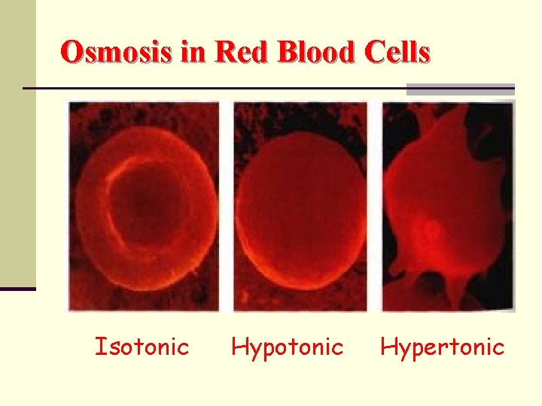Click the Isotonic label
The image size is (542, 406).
(142, 347)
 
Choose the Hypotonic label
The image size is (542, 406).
(287, 347)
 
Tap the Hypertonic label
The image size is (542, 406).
(443, 347)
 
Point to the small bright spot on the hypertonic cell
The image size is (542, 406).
(430, 229)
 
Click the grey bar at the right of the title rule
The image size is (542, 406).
(460, 89)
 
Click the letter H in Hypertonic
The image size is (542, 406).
(389, 347)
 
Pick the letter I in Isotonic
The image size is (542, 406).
(99, 347)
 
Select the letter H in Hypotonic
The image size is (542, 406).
(239, 347)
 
